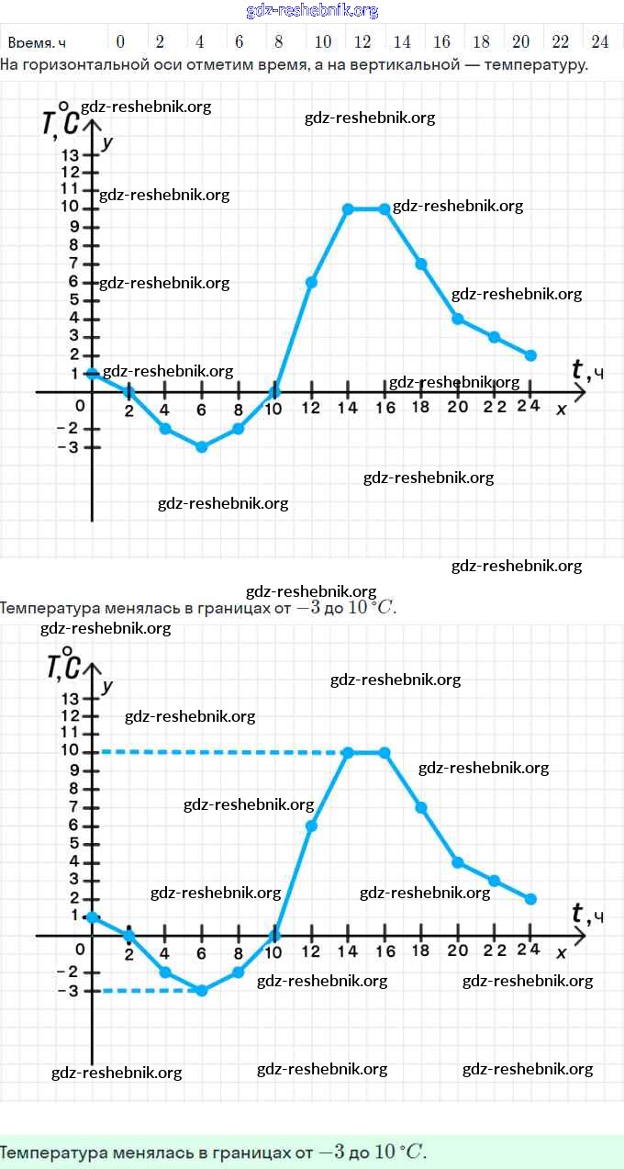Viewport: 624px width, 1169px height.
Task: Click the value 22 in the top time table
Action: coord(561,41)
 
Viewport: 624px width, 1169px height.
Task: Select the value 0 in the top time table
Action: coord(120,41)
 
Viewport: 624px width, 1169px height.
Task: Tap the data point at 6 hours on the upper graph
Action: coord(202,447)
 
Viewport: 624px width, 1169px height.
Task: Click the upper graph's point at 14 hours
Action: coord(348,208)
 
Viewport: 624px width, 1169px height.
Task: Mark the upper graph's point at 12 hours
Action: coord(311,282)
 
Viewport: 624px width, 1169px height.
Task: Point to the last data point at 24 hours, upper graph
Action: coord(530,355)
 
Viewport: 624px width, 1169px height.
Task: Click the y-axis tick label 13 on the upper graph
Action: coord(71,154)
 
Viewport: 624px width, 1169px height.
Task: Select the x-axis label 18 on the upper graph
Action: coord(421,409)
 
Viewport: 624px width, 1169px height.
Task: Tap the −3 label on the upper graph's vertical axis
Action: coord(66,447)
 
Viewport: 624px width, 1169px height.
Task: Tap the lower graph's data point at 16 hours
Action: coord(384,752)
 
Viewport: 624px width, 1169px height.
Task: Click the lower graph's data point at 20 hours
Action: coord(457,862)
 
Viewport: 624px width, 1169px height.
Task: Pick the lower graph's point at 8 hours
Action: coord(239,972)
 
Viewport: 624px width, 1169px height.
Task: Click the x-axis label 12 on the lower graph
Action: coord(311,951)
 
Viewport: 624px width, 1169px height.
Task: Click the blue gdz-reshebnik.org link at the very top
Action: coord(312,10)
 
